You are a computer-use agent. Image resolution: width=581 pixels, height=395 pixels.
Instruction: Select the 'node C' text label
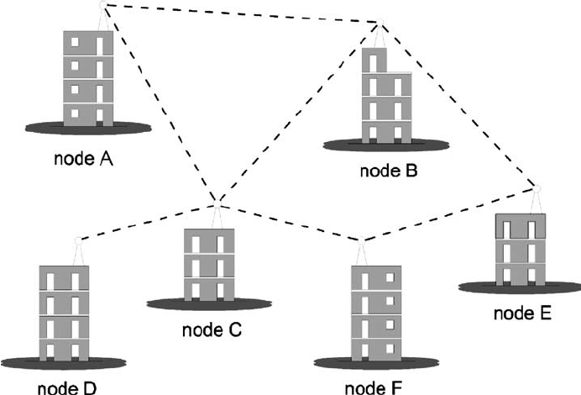coord(212,329)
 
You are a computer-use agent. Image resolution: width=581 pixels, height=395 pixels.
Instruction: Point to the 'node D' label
coord(66,387)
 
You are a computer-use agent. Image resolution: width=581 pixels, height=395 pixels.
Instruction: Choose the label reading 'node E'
coord(522,314)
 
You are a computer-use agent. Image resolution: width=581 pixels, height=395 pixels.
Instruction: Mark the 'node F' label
coord(374,387)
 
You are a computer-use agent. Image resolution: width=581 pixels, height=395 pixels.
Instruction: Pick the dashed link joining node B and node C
coord(298,113)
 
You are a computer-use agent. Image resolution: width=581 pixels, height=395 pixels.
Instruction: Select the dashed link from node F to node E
coord(449,213)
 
